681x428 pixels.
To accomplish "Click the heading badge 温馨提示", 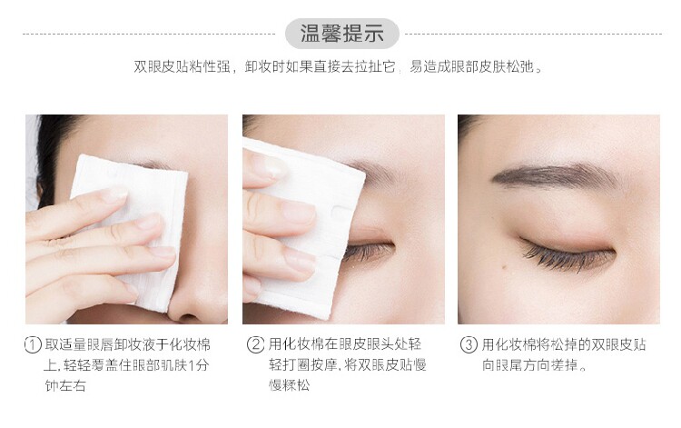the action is click(x=341, y=34).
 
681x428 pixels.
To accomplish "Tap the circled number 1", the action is click(x=33, y=345).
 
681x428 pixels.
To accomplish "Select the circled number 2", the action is click(x=255, y=344).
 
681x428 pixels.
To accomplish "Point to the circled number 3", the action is click(x=469, y=344).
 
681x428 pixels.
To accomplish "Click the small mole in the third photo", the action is click(x=504, y=266).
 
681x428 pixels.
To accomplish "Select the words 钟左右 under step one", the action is click(x=65, y=385).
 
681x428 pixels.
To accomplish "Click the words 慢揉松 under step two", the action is click(x=290, y=384).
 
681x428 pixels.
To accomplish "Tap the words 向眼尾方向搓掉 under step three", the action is click(x=531, y=365).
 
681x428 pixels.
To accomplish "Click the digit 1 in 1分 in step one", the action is click(x=191, y=365).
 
